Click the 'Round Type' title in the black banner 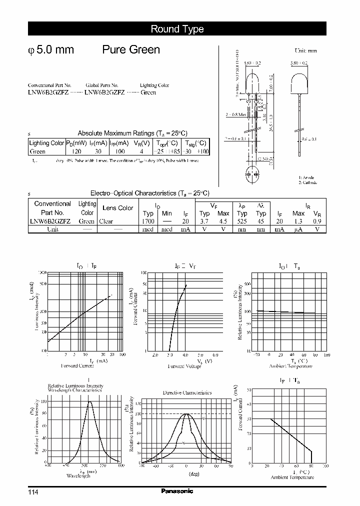pyautogui.click(x=177, y=29)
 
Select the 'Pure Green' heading pyautogui.click(x=131, y=50)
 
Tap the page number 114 pyautogui.click(x=33, y=492)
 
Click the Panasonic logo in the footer pyautogui.click(x=177, y=491)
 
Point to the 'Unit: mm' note pyautogui.click(x=305, y=51)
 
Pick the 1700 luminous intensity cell pyautogui.click(x=148, y=221)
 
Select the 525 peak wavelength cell pyautogui.click(x=242, y=221)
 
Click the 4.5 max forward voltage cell pyautogui.click(x=223, y=221)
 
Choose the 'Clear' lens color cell pyautogui.click(x=106, y=221)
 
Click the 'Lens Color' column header pyautogui.click(x=117, y=208)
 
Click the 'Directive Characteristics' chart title pyautogui.click(x=187, y=392)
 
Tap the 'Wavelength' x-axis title pyautogui.click(x=77, y=476)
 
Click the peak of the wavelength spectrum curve pyautogui.click(x=90, y=401)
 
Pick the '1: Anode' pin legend pyautogui.click(x=307, y=177)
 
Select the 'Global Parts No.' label pyautogui.click(x=102, y=85)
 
